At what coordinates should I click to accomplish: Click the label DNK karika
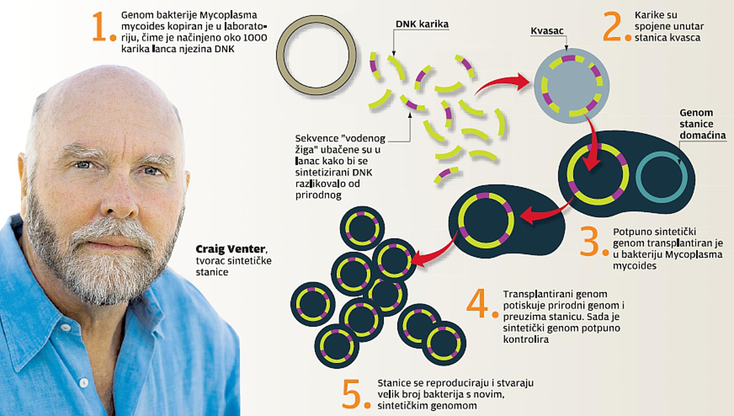422,24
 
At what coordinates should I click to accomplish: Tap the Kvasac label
547,31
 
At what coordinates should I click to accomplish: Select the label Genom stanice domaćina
702,124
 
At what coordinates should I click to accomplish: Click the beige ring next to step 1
317,55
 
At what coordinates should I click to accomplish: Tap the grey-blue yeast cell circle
571,86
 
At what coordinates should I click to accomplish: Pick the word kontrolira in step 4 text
526,339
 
